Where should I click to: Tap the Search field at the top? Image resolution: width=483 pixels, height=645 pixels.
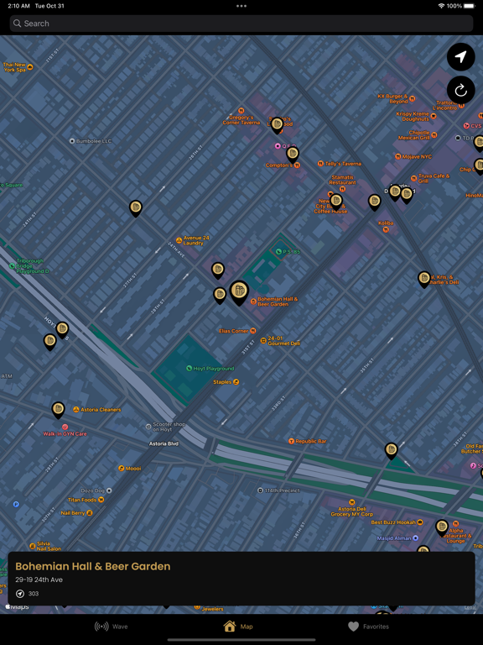pos(241,24)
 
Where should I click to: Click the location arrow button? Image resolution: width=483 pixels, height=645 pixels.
pos(460,56)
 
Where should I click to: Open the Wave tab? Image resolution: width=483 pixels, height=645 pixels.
pos(112,627)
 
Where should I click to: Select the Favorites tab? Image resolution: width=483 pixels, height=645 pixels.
pos(368,627)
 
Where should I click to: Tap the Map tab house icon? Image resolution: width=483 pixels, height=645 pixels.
pos(230,627)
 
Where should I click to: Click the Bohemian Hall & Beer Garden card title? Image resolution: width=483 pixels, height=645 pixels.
pos(92,566)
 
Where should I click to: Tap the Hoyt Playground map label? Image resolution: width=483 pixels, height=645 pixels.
pos(213,369)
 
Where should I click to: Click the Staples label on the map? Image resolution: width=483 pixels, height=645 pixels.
pos(223,382)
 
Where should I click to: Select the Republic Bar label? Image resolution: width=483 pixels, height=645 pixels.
pos(311,441)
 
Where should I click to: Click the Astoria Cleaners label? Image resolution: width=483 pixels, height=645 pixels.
pos(100,410)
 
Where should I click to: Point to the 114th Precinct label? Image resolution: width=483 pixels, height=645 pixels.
pos(282,490)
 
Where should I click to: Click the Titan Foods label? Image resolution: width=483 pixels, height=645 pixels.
pos(82,500)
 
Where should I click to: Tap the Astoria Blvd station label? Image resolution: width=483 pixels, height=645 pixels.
pos(164,443)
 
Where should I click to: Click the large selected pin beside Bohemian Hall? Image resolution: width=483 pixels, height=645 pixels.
pos(239,291)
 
